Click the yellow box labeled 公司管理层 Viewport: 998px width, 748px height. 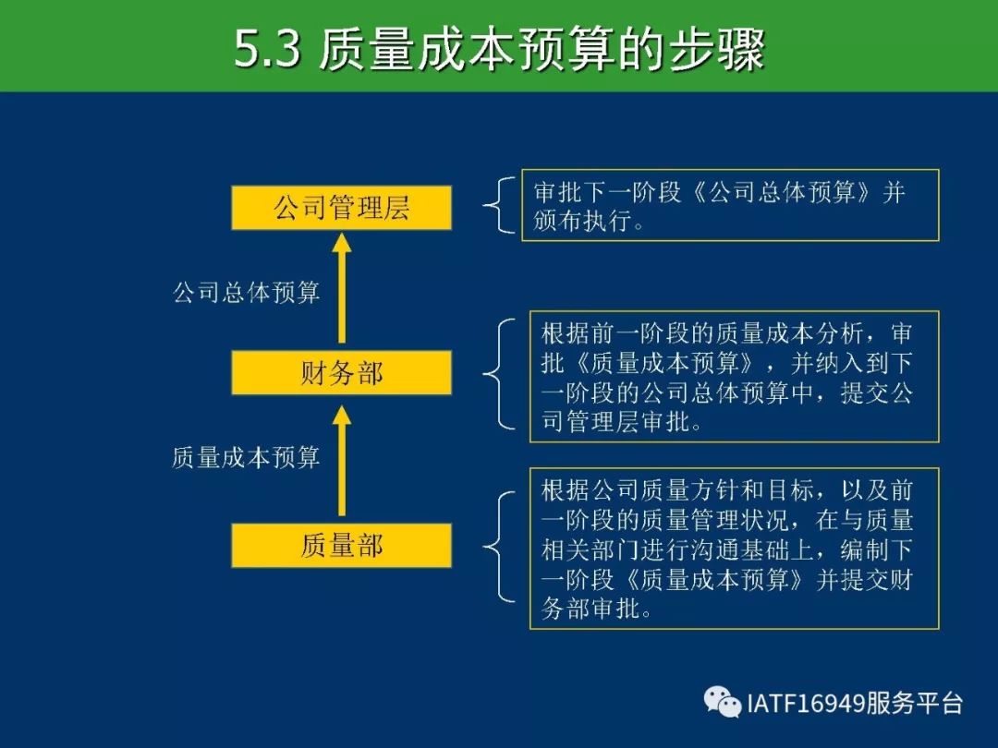[341, 208]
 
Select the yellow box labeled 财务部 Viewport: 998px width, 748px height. [341, 372]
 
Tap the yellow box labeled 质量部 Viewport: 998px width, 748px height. [341, 545]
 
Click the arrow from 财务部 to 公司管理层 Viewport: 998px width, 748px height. [342, 288]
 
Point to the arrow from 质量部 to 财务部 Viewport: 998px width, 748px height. [342, 461]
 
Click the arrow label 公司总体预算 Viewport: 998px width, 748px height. [247, 293]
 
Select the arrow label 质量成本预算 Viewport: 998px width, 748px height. [246, 457]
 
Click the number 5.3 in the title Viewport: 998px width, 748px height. [267, 49]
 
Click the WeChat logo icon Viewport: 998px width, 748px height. [723, 702]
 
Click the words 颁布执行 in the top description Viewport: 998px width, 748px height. [582, 220]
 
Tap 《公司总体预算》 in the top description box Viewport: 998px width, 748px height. [781, 191]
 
